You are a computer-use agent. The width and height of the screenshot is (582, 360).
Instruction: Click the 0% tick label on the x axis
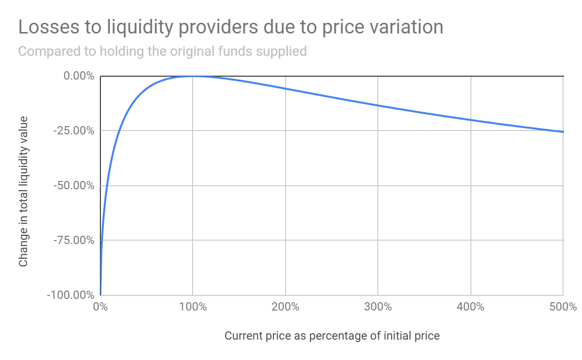(100, 307)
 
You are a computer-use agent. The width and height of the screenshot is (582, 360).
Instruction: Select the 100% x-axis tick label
(193, 307)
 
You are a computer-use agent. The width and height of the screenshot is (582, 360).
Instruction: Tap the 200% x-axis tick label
(285, 307)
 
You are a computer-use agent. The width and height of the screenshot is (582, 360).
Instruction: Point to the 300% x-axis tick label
(378, 307)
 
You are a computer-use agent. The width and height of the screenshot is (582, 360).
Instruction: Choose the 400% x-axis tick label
(470, 307)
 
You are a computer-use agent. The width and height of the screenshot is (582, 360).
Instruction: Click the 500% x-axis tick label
(563, 307)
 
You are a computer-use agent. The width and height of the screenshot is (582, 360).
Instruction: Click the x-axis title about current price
(332, 336)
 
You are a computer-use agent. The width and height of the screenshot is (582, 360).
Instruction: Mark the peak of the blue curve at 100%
(193, 76)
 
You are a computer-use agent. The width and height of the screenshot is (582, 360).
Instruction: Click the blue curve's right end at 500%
(563, 132)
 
